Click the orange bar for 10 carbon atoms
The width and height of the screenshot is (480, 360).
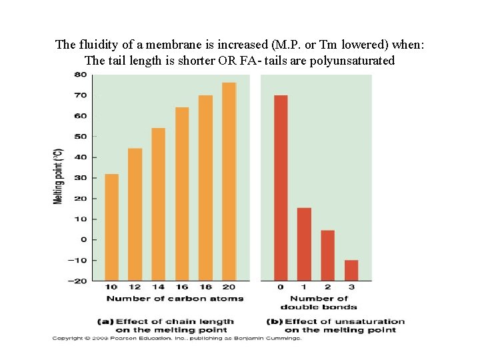click(112, 227)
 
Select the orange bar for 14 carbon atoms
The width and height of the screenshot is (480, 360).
click(159, 204)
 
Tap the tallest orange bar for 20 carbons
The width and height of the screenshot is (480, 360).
click(229, 181)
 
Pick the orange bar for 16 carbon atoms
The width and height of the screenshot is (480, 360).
click(182, 193)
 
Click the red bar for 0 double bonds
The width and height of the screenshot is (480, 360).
click(281, 187)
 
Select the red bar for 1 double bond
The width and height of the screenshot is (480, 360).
click(304, 244)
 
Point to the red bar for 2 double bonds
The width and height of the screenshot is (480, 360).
click(327, 255)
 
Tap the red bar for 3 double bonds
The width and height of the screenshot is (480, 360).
click(351, 270)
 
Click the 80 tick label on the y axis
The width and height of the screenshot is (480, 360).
click(80, 75)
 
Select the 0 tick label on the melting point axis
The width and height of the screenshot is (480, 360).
click(84, 239)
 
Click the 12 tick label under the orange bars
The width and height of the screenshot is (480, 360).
click(135, 287)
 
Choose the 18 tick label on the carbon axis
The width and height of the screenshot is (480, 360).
click(205, 287)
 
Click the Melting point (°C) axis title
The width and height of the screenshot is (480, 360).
click(59, 176)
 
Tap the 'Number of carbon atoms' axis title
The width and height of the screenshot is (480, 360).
click(175, 298)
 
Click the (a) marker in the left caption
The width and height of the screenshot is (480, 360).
click(106, 321)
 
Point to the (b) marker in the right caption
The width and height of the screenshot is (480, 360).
click(274, 321)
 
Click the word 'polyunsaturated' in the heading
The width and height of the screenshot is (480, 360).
click(356, 61)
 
